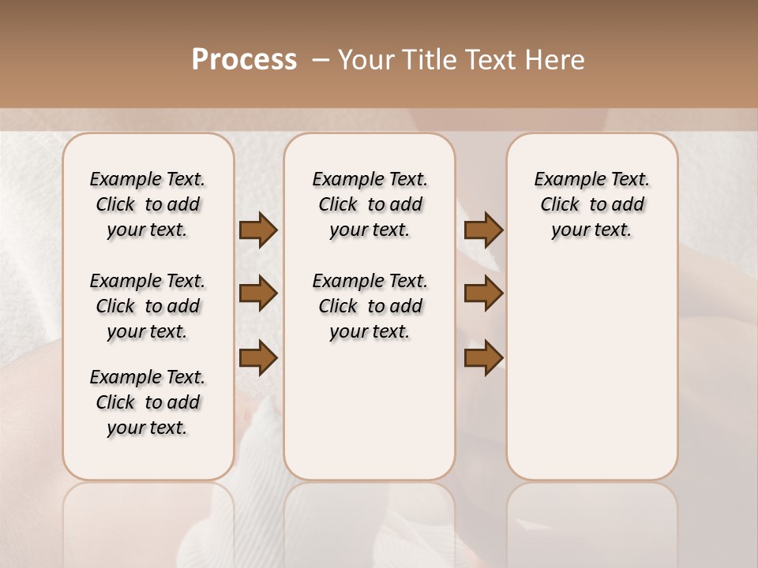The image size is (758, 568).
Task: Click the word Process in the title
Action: pyautogui.click(x=244, y=60)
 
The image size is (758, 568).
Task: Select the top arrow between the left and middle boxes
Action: pyautogui.click(x=258, y=230)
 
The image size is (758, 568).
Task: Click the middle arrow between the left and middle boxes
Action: pyautogui.click(x=258, y=293)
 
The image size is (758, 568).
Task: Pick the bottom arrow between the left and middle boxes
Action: pyautogui.click(x=258, y=358)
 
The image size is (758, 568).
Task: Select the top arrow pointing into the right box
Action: pyautogui.click(x=483, y=230)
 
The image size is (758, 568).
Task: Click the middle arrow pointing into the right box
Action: pyautogui.click(x=483, y=293)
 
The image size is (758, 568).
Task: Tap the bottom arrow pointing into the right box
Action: pyautogui.click(x=483, y=358)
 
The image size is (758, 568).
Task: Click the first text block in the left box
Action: pyautogui.click(x=147, y=204)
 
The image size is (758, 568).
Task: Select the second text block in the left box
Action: pyautogui.click(x=147, y=306)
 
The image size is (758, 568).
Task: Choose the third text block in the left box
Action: pyautogui.click(x=147, y=402)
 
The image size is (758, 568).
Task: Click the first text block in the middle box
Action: pyautogui.click(x=370, y=204)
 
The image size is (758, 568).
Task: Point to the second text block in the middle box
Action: pyautogui.click(x=370, y=306)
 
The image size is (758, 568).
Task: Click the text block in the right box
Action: pyautogui.click(x=591, y=204)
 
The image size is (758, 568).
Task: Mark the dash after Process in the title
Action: pyautogui.click(x=321, y=60)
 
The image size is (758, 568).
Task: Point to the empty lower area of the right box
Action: pyautogui.click(x=591, y=379)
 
